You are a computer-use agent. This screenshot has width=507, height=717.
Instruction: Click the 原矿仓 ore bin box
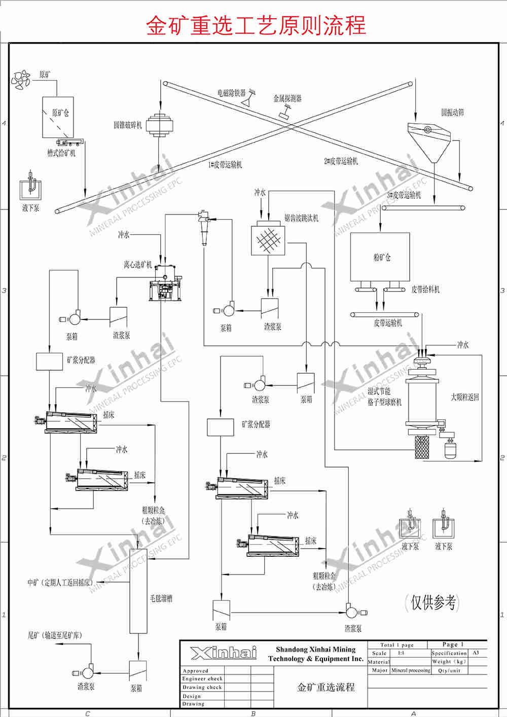click(x=58, y=117)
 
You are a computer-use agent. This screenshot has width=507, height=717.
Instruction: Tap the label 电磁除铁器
click(x=231, y=93)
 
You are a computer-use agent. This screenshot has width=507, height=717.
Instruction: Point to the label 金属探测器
click(x=287, y=98)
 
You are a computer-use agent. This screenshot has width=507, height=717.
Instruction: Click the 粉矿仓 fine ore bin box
click(x=380, y=257)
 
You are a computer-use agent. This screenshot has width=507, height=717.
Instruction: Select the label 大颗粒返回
click(x=465, y=397)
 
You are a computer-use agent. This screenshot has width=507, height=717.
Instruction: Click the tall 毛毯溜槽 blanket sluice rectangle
click(x=138, y=591)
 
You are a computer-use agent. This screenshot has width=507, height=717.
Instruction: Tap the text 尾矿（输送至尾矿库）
click(x=55, y=635)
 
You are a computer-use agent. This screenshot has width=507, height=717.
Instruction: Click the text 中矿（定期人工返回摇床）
click(x=60, y=583)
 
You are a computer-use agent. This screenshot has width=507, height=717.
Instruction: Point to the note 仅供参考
click(x=432, y=602)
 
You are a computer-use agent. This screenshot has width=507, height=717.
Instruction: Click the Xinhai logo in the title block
click(x=224, y=653)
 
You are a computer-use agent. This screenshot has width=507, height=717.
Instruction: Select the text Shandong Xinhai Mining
click(x=315, y=649)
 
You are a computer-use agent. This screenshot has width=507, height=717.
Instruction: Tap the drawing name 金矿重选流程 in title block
click(x=325, y=687)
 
